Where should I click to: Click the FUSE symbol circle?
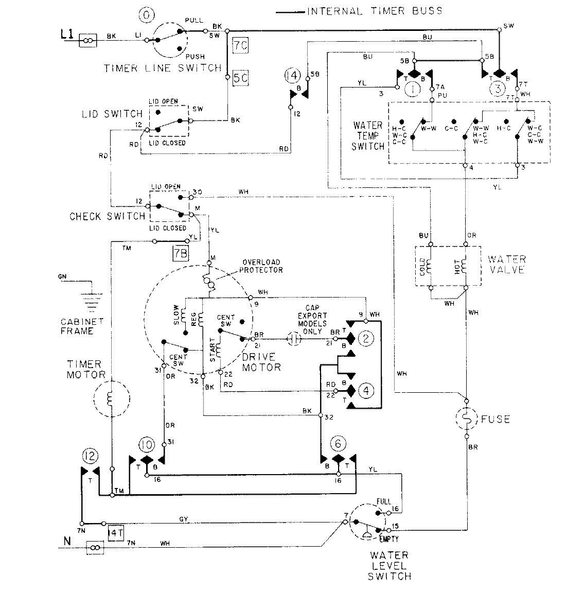coord(467,419)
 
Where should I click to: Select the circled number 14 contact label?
coord(292,76)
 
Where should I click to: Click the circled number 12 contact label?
coord(89,456)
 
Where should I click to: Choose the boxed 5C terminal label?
coord(240,79)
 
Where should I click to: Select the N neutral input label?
coord(66,541)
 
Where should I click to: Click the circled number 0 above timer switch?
coord(147,15)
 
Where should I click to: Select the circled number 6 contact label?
coord(338,443)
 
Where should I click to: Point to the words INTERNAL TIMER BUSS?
coord(374,11)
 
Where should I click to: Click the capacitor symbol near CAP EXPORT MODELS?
coord(294,339)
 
